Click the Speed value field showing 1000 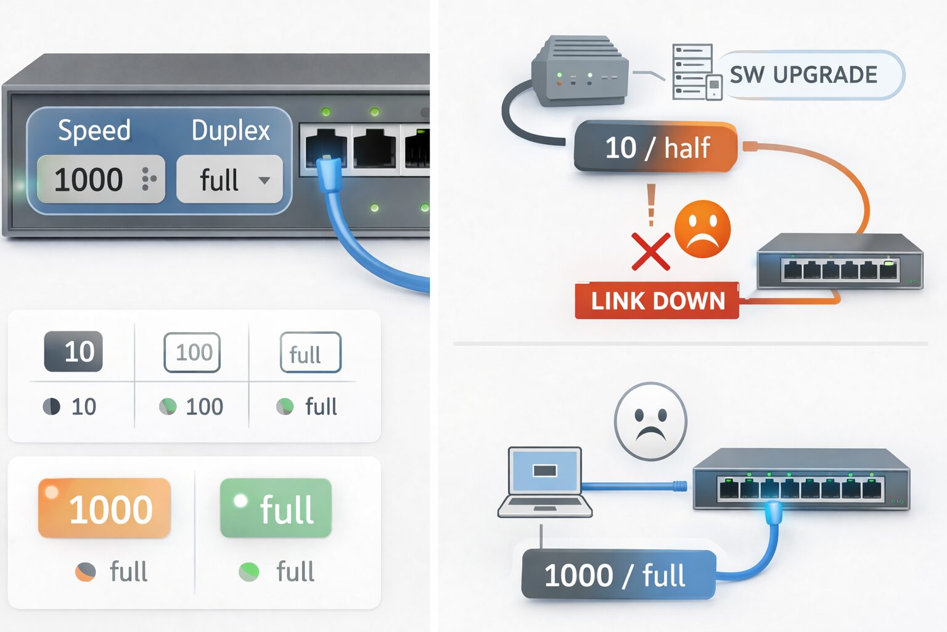pos(100,180)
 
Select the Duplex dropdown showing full pos(229,180)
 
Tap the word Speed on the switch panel pos(94,130)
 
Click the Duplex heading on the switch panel pos(231,131)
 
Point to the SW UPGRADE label pos(803,75)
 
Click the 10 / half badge pos(656,148)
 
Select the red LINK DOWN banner pos(657,301)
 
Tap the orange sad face pos(702,228)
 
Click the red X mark pos(650,251)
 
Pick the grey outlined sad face pos(650,422)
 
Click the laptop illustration pos(544,482)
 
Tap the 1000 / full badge pos(617,575)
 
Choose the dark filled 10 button pos(73,352)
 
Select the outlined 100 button pos(192,352)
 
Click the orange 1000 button pos(104,508)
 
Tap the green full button pos(276,508)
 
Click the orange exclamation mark pos(651,204)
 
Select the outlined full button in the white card pos(310,352)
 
